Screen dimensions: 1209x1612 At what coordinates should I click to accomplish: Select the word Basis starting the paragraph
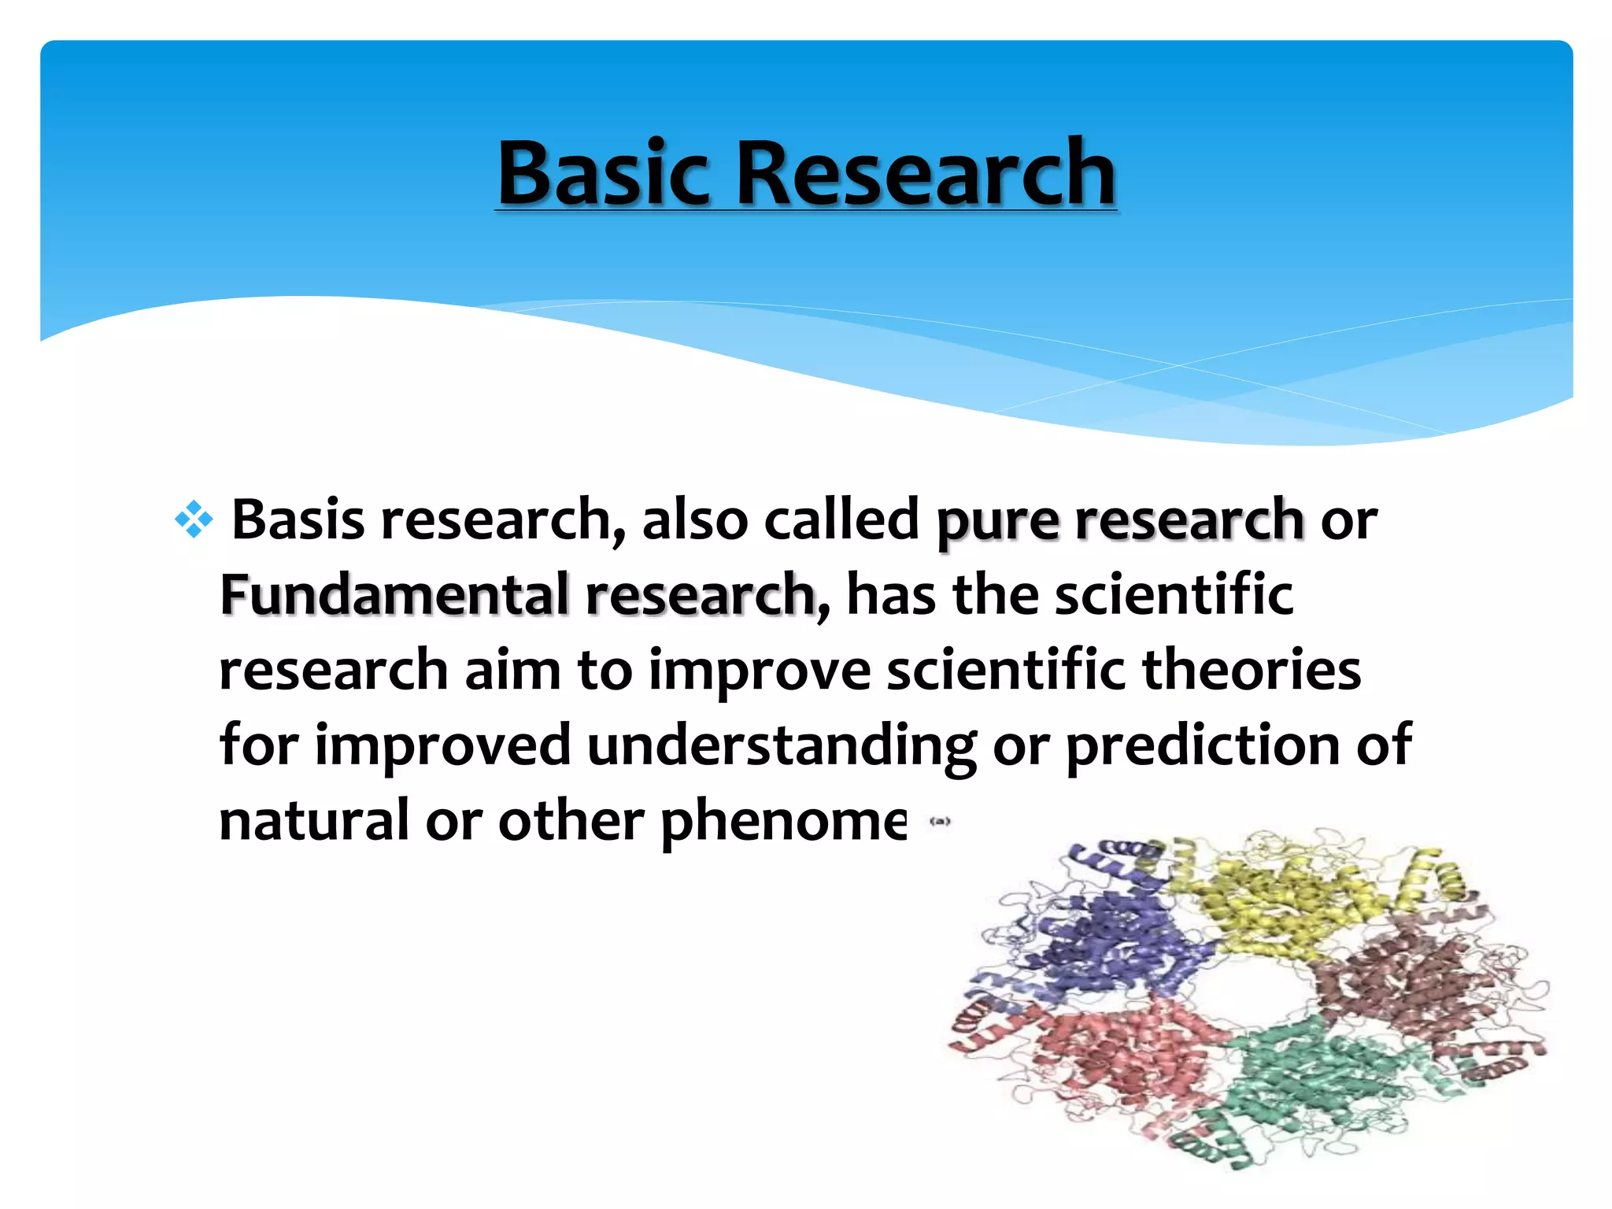pyautogui.click(x=298, y=520)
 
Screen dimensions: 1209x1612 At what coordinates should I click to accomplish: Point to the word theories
pyautogui.click(x=1251, y=670)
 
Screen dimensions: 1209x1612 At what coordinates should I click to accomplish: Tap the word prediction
pyautogui.click(x=1202, y=745)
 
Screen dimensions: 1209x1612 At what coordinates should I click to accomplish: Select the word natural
pyautogui.click(x=314, y=820)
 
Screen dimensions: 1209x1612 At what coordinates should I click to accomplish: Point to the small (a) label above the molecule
pyautogui.click(x=941, y=821)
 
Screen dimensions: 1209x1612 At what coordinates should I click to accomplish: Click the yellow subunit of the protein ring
pyautogui.click(x=1291, y=905)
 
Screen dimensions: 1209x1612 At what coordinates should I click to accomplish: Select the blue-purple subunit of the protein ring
pyautogui.click(x=1118, y=945)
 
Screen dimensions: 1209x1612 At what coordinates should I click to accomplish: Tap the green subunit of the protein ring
pyautogui.click(x=1314, y=1086)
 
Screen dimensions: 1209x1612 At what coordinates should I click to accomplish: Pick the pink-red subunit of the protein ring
pyautogui.click(x=1118, y=1055)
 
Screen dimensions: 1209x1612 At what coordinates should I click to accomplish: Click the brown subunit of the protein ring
pyautogui.click(x=1409, y=984)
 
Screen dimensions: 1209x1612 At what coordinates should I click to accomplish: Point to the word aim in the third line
pyautogui.click(x=512, y=670)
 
